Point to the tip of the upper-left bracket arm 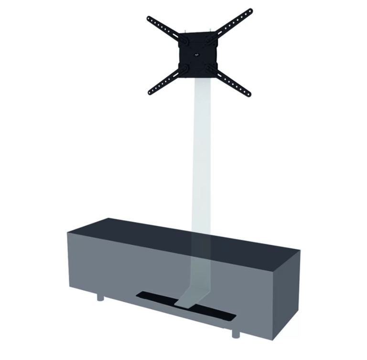click(x=149, y=19)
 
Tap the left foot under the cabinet click(x=100, y=297)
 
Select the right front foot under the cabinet click(x=236, y=333)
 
